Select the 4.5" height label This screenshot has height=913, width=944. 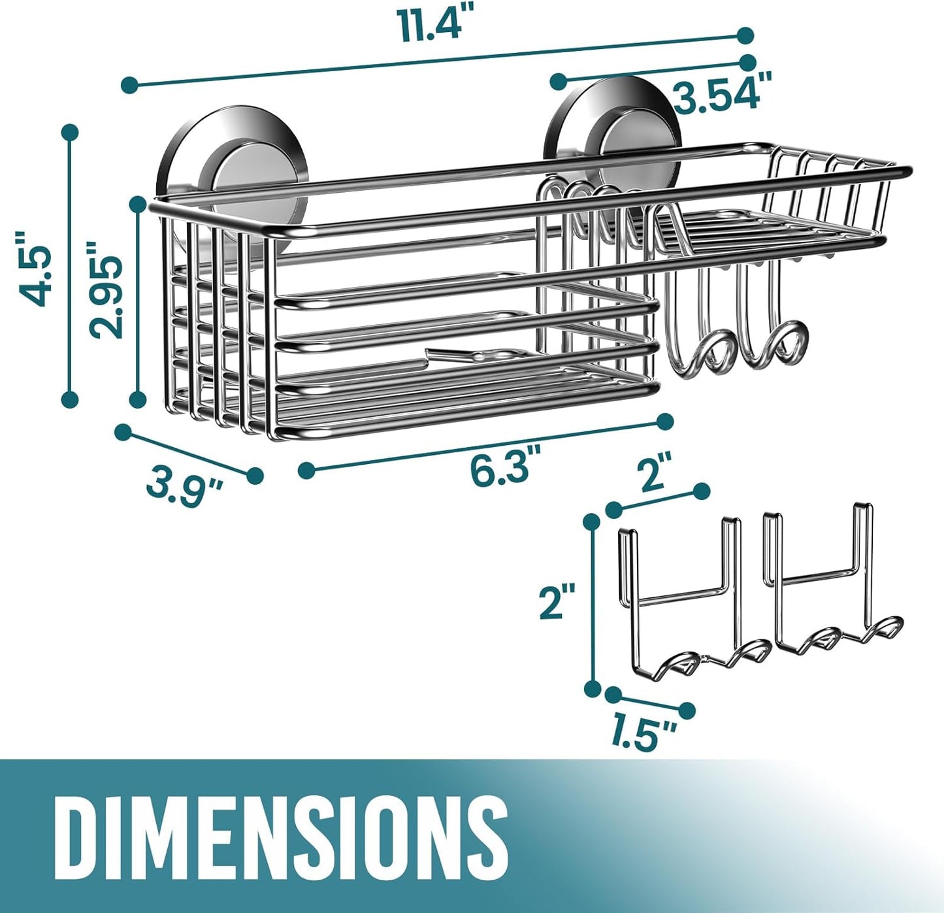click(33, 268)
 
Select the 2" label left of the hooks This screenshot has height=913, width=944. click(557, 601)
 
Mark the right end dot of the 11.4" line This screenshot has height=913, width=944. click(745, 35)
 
